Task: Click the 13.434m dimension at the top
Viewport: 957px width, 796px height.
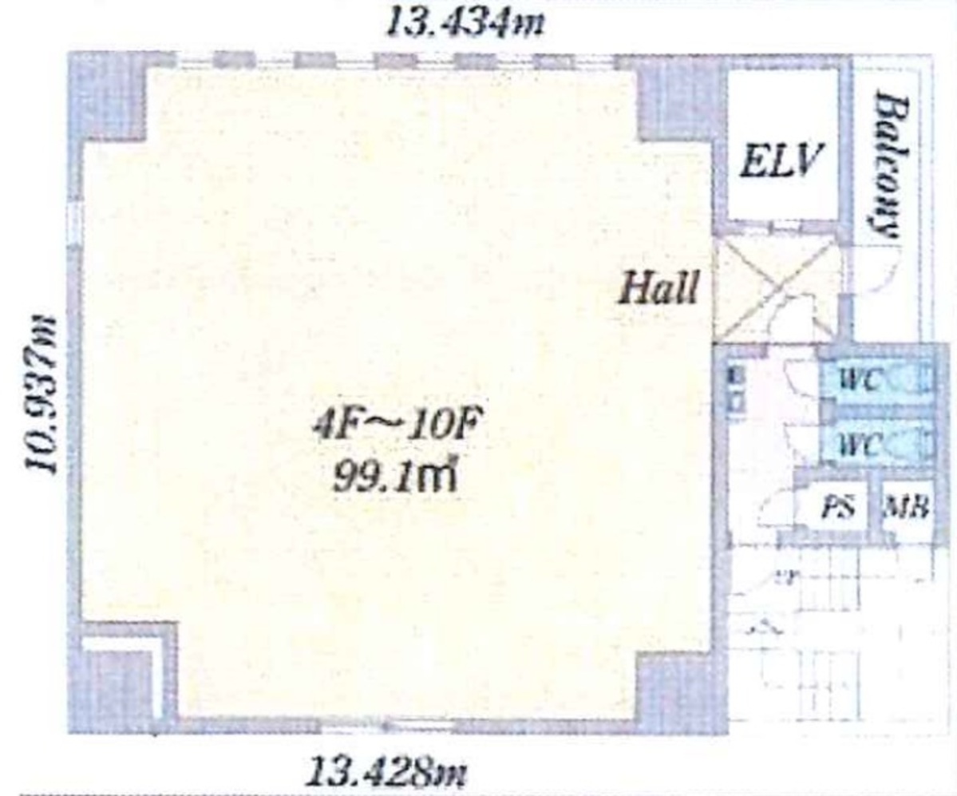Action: point(465,22)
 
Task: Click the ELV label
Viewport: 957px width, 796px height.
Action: point(780,162)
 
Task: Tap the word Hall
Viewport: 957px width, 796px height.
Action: point(659,288)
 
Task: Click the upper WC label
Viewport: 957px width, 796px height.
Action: point(860,380)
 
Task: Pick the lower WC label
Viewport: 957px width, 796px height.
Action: point(860,444)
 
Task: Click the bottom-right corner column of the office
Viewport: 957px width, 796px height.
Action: point(678,687)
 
